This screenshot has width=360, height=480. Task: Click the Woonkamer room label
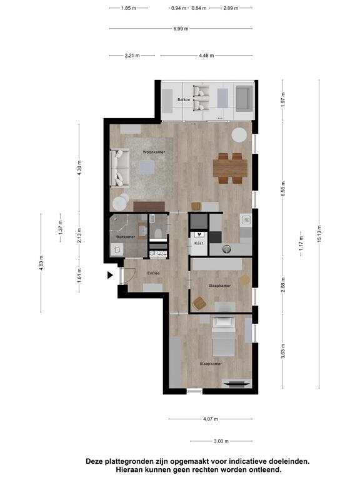pos(154,152)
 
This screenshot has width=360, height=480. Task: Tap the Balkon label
pos(184,99)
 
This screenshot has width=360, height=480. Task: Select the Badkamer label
pos(126,237)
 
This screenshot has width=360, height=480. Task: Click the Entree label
pos(153,273)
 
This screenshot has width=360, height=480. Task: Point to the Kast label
pos(199,243)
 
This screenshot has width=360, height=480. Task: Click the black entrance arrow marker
pos(110,275)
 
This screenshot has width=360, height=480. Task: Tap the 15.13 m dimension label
pos(319,234)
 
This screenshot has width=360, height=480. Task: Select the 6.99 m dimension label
pos(181,29)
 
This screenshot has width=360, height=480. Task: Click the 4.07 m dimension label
pos(211,419)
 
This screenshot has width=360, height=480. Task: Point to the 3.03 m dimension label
pos(221,441)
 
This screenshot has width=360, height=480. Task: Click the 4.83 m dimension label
pos(41,263)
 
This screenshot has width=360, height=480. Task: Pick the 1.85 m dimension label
pos(129,8)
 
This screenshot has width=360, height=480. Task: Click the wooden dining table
pos(230,168)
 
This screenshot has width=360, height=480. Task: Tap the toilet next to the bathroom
pos(158,233)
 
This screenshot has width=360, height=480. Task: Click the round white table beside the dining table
pos(239,135)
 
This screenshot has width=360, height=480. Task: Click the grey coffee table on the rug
pos(147,167)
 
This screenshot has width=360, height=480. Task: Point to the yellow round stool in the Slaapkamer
pos(244,280)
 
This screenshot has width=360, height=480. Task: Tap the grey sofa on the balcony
pos(244,99)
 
